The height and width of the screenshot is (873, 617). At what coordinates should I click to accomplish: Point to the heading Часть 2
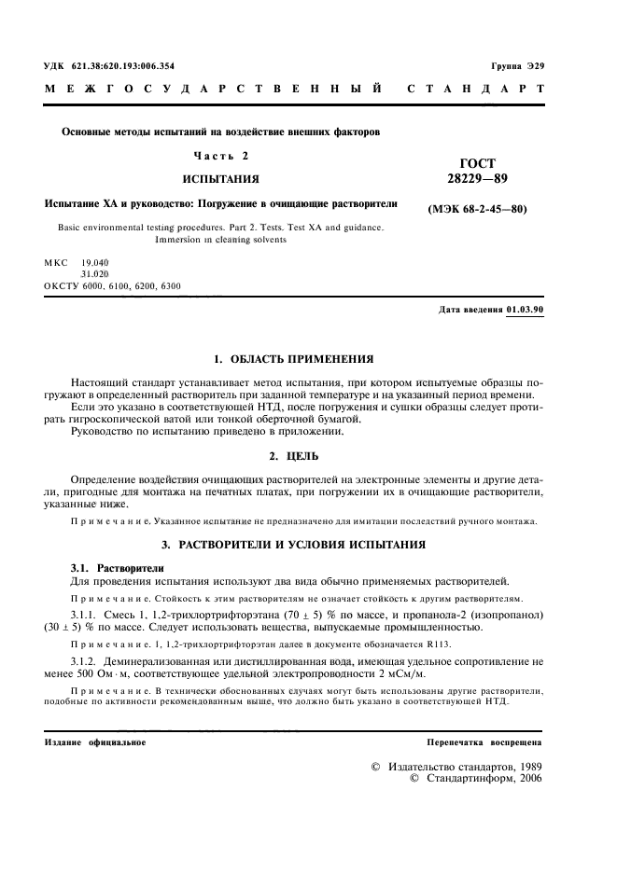(x=220, y=155)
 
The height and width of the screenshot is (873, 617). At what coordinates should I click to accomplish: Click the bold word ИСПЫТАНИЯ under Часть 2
(x=220, y=178)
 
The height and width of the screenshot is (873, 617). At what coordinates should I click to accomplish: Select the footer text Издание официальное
(x=95, y=742)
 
